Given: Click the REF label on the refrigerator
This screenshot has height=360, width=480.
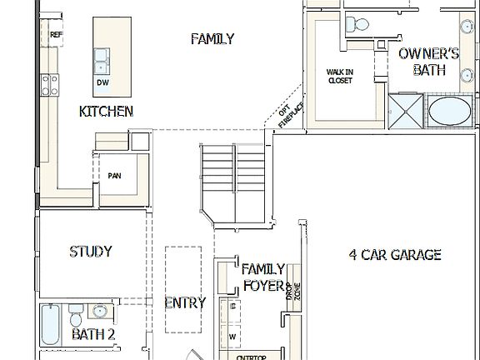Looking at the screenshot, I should (56, 35).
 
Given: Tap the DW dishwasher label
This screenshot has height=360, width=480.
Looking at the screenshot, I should (102, 82).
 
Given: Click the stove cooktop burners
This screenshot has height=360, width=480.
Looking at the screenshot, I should (51, 83).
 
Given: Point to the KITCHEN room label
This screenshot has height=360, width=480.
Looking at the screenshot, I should (106, 112).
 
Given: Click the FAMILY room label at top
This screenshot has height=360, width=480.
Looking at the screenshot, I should (212, 39).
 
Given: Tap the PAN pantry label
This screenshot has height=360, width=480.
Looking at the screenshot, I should (115, 176).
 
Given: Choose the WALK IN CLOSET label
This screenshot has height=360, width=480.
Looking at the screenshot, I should (339, 77).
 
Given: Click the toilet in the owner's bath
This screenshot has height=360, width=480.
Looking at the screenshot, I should (358, 22).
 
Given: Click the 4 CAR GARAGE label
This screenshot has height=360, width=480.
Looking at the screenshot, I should (394, 255).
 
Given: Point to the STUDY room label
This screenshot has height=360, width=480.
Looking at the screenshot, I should (91, 252).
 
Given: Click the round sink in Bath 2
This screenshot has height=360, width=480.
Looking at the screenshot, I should (100, 313).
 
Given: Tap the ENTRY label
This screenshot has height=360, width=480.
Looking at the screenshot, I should (184, 303).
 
